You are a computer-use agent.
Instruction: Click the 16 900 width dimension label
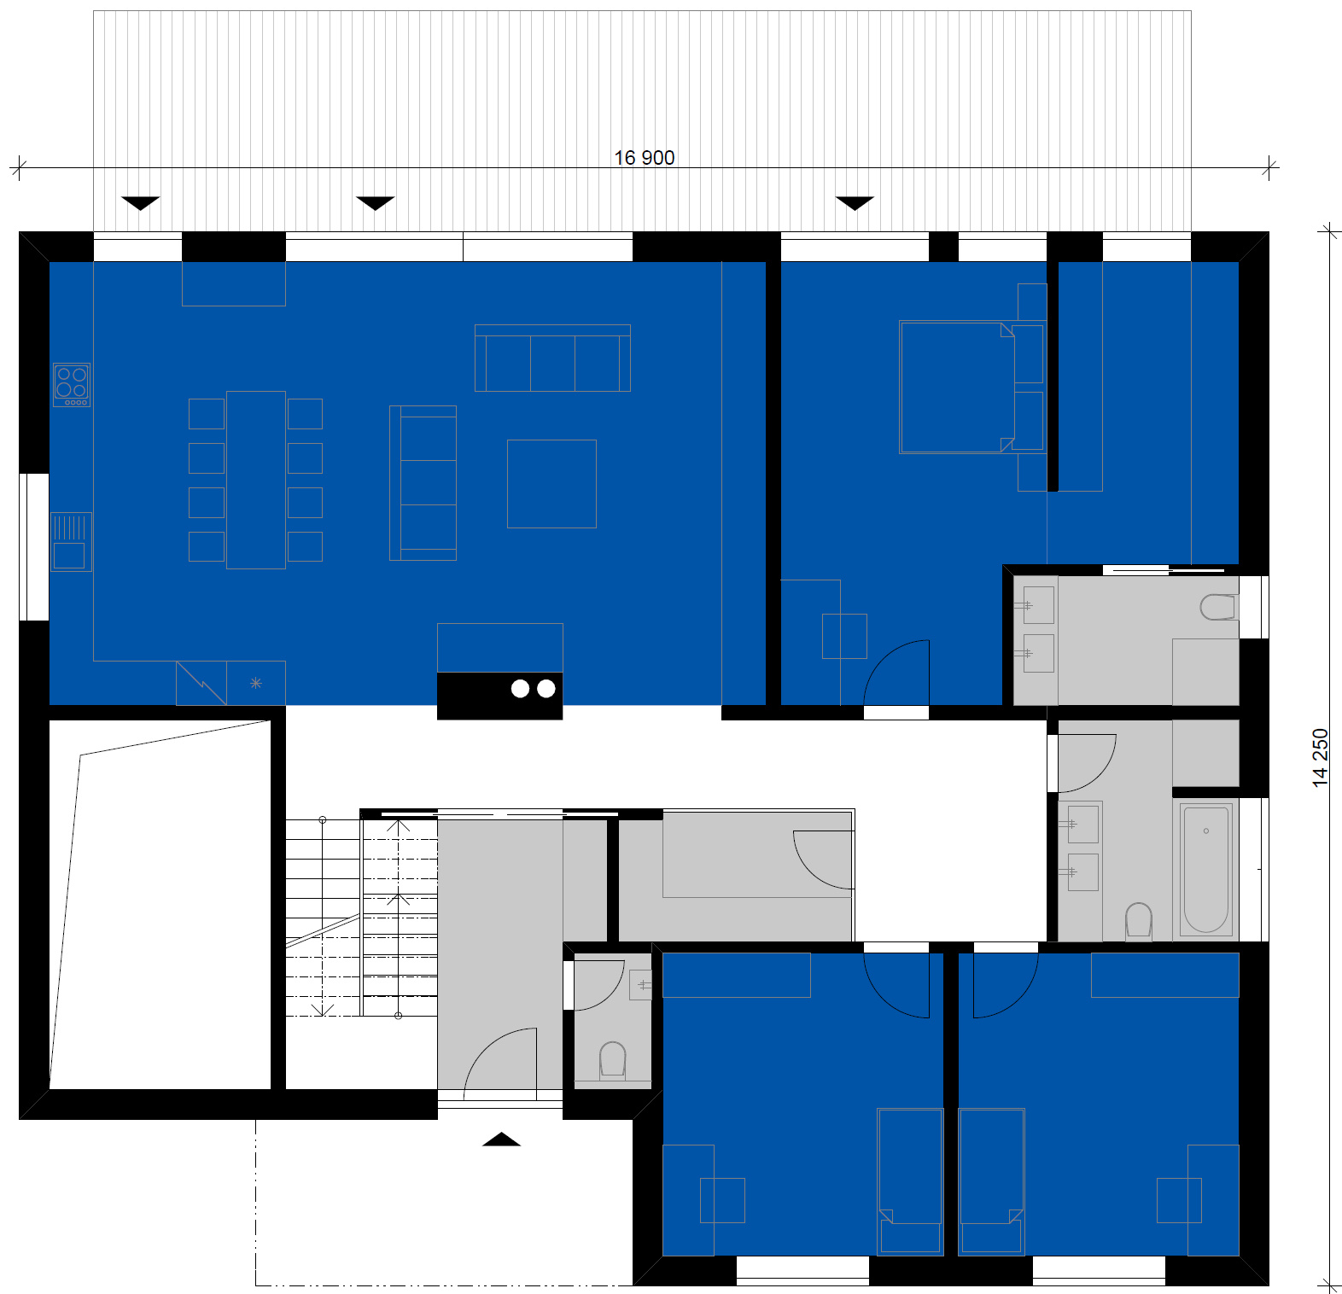(644, 158)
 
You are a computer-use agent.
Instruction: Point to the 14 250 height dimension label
(1320, 757)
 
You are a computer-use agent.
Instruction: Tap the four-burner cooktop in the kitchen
(72, 385)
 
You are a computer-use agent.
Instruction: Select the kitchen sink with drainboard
(71, 541)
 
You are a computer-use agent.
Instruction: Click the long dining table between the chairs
(256, 480)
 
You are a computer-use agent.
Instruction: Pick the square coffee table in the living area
(551, 484)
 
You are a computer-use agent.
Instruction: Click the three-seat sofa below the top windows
(552, 358)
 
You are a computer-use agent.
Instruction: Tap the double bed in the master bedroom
(957, 388)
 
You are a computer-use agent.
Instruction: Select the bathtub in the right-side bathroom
(1205, 869)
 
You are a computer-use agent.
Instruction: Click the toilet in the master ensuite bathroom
(1217, 607)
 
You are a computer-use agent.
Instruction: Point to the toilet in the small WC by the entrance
(613, 1060)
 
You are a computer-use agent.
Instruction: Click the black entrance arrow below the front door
(502, 1139)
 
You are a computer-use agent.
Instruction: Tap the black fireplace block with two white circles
(500, 696)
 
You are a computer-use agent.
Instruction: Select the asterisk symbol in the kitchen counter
(256, 683)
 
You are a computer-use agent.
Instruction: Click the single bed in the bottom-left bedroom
(911, 1181)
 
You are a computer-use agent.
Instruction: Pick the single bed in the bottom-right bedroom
(991, 1181)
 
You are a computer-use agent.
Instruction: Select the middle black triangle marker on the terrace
(375, 203)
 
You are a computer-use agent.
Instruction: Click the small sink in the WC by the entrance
(641, 985)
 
